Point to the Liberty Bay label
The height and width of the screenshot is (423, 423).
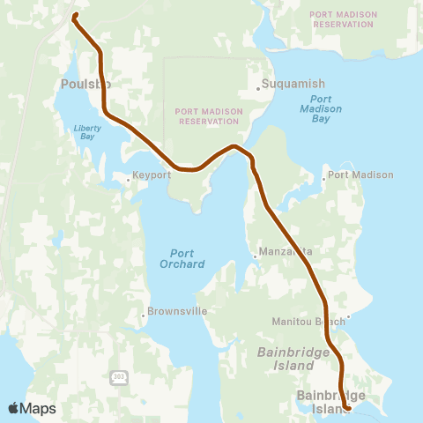pyautogui.click(x=88, y=133)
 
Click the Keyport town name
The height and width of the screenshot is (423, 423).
pyautogui.click(x=151, y=175)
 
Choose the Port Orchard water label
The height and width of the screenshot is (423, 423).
pyautogui.click(x=182, y=258)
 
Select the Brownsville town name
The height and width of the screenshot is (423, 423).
pyautogui.click(x=177, y=313)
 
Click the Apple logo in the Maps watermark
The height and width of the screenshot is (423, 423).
pyautogui.click(x=14, y=408)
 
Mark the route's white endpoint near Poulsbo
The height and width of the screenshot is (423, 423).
pyautogui.click(x=75, y=15)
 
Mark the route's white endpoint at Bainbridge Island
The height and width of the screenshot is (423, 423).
pyautogui.click(x=350, y=408)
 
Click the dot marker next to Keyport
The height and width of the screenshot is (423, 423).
pyautogui.click(x=129, y=179)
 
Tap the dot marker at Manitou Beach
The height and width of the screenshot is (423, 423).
pyautogui.click(x=349, y=317)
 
